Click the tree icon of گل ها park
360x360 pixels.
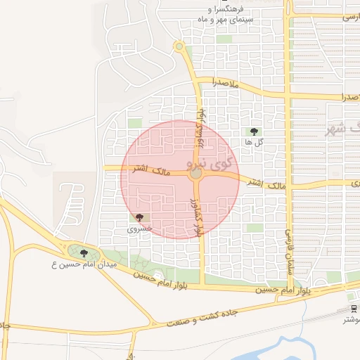(254, 131)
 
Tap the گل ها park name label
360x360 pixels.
(254, 142)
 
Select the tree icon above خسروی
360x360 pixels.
(140, 218)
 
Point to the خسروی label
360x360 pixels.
(139, 229)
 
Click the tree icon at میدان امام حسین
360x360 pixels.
(84, 253)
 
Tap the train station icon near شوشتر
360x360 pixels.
(353, 309)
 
